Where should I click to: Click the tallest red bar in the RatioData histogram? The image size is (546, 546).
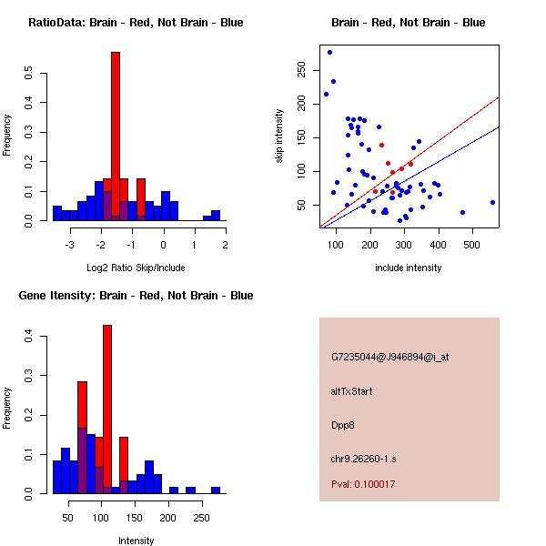click(116, 136)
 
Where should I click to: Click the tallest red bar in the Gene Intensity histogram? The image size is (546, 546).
click(107, 409)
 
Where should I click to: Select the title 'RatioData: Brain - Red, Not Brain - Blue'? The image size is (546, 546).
click(136, 23)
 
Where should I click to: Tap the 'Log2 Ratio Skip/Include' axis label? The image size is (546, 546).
click(135, 268)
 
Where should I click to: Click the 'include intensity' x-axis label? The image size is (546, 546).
click(409, 268)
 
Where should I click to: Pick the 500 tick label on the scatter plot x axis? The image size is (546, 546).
click(471, 244)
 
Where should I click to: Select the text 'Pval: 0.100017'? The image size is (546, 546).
click(363, 485)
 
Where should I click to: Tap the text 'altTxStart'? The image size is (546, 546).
click(352, 391)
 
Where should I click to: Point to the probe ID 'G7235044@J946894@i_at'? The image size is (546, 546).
click(389, 357)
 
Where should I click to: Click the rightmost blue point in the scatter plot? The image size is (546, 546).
click(492, 202)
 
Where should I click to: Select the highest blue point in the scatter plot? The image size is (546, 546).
click(329, 52)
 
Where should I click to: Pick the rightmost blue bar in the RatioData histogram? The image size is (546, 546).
click(216, 217)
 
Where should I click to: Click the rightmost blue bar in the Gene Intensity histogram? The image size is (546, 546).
click(216, 490)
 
